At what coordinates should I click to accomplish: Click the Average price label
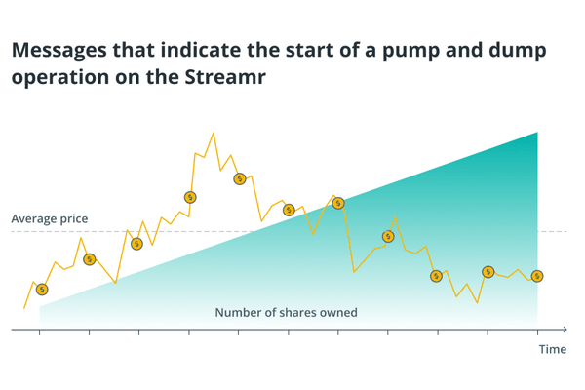(50, 218)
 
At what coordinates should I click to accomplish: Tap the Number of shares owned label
(286, 313)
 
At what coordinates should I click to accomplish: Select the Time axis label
(552, 349)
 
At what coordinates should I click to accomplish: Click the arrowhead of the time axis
(564, 330)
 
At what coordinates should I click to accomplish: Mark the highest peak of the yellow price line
(213, 133)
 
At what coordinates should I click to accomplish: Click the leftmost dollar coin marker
(42, 290)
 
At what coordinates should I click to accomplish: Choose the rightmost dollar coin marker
(537, 276)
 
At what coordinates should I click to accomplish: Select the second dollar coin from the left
(90, 259)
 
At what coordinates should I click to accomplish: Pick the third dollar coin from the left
(137, 244)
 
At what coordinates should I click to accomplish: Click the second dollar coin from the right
(488, 272)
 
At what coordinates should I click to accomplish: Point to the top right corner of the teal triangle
(537, 132)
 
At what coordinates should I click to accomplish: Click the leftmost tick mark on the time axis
(40, 332)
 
